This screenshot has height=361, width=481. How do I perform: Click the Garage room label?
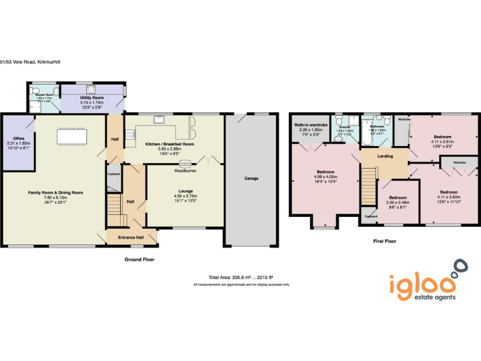coord(251,179)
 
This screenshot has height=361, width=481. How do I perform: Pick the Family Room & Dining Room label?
coord(56,193)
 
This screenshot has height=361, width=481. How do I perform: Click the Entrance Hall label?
coord(132,238)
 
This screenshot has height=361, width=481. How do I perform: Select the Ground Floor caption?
coord(140,259)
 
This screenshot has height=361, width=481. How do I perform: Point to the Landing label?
coord(385,157)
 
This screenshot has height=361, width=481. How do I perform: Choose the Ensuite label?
coord(345,127)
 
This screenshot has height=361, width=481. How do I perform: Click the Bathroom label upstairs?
coord(376,126)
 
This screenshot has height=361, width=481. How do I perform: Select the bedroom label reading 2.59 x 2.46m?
coord(396,197)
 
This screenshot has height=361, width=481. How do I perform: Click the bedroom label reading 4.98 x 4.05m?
coord(326,172)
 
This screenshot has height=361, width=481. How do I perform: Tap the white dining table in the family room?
coord(71,136)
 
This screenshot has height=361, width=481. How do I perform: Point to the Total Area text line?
coord(241,278)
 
